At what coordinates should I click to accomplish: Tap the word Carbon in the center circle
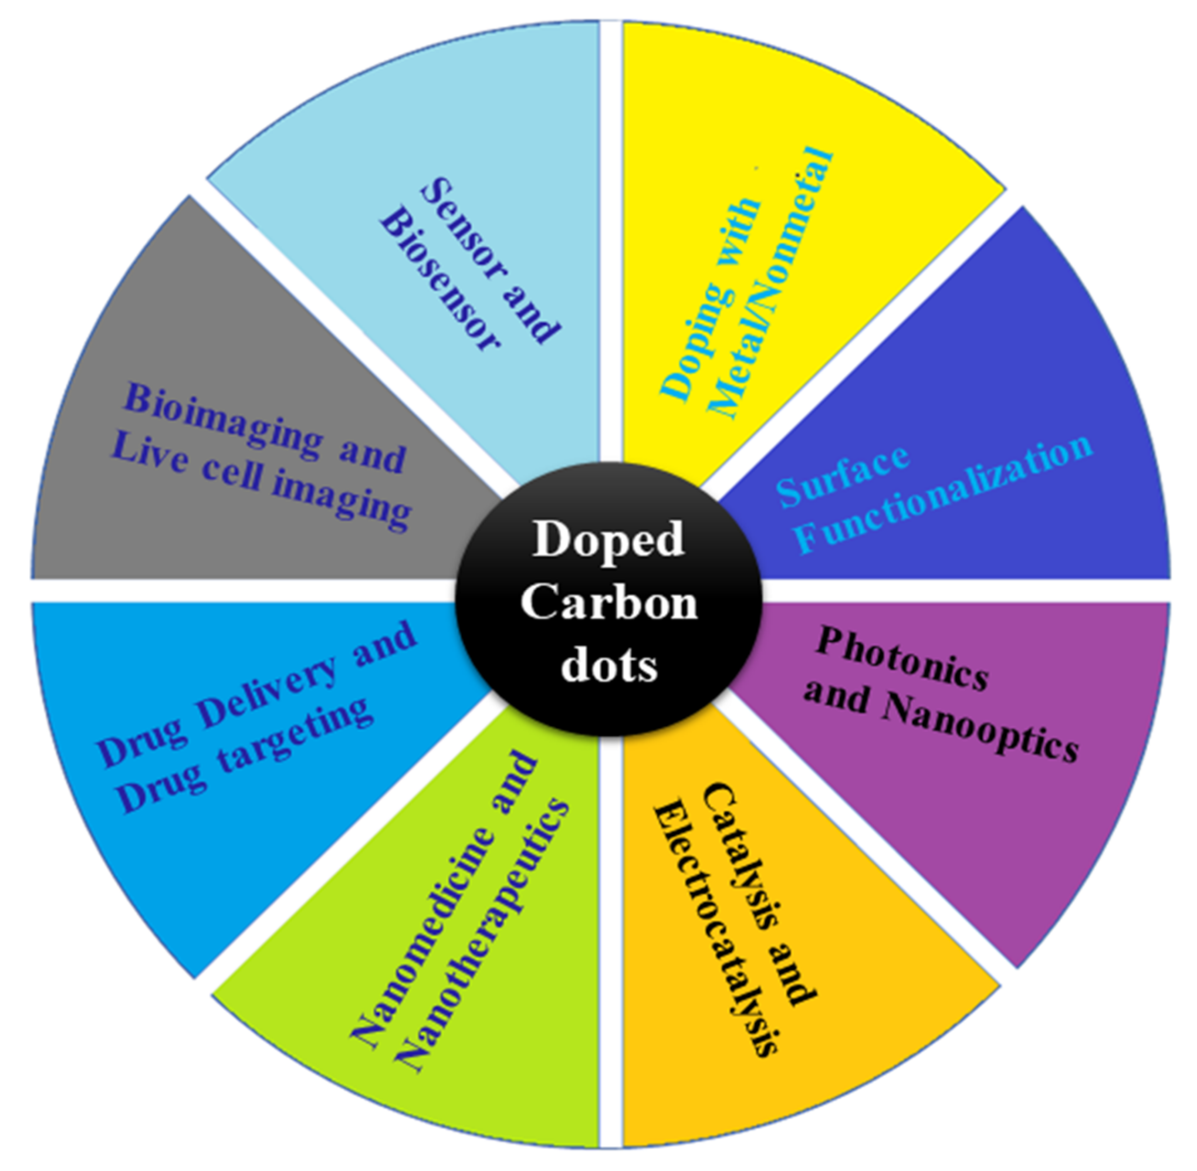(x=609, y=603)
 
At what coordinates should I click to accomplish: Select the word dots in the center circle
(x=609, y=665)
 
